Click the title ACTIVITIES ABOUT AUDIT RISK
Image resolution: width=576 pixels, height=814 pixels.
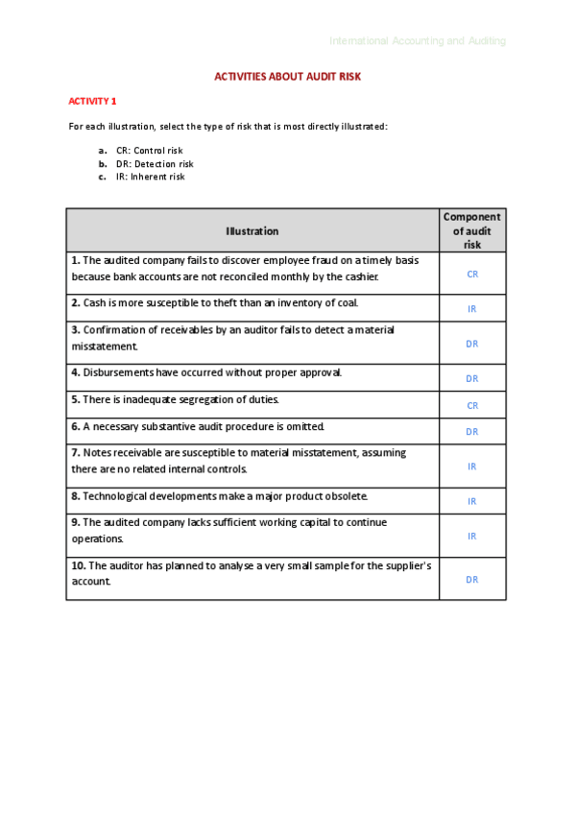point(287,76)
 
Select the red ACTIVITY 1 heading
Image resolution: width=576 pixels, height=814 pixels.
point(92,101)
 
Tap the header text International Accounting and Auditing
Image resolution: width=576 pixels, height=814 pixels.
point(418,41)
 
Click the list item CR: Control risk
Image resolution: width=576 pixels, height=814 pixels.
point(149,151)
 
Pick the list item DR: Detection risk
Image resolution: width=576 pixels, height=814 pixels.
point(155,164)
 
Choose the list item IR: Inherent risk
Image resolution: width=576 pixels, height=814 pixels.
point(150,177)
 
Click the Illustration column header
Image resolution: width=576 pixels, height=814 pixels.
point(252,231)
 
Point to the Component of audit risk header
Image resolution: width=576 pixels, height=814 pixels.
point(471,231)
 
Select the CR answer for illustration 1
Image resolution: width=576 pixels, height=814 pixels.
point(472,275)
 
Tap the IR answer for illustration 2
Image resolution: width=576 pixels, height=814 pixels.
point(472,309)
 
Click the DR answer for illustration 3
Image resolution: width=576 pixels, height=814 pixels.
point(472,344)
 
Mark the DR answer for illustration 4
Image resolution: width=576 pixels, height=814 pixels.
point(472,379)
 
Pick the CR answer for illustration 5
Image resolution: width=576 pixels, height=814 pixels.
point(472,406)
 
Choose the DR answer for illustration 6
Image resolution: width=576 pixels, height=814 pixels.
point(472,432)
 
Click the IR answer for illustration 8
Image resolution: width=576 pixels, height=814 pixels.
point(472,501)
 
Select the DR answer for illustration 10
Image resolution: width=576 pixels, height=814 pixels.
point(472,580)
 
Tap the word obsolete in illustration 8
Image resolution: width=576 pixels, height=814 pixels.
point(345,496)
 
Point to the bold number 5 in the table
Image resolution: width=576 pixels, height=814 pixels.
point(75,399)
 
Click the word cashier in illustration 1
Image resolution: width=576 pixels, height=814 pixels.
point(360,277)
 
